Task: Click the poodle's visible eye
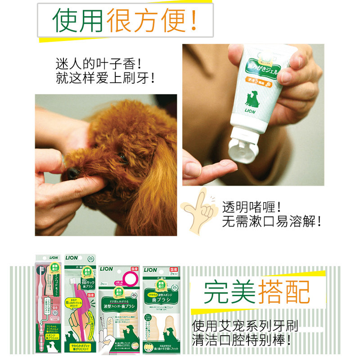[x=122, y=158]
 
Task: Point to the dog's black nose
[x=71, y=173]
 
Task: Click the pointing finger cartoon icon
[x=198, y=211]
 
